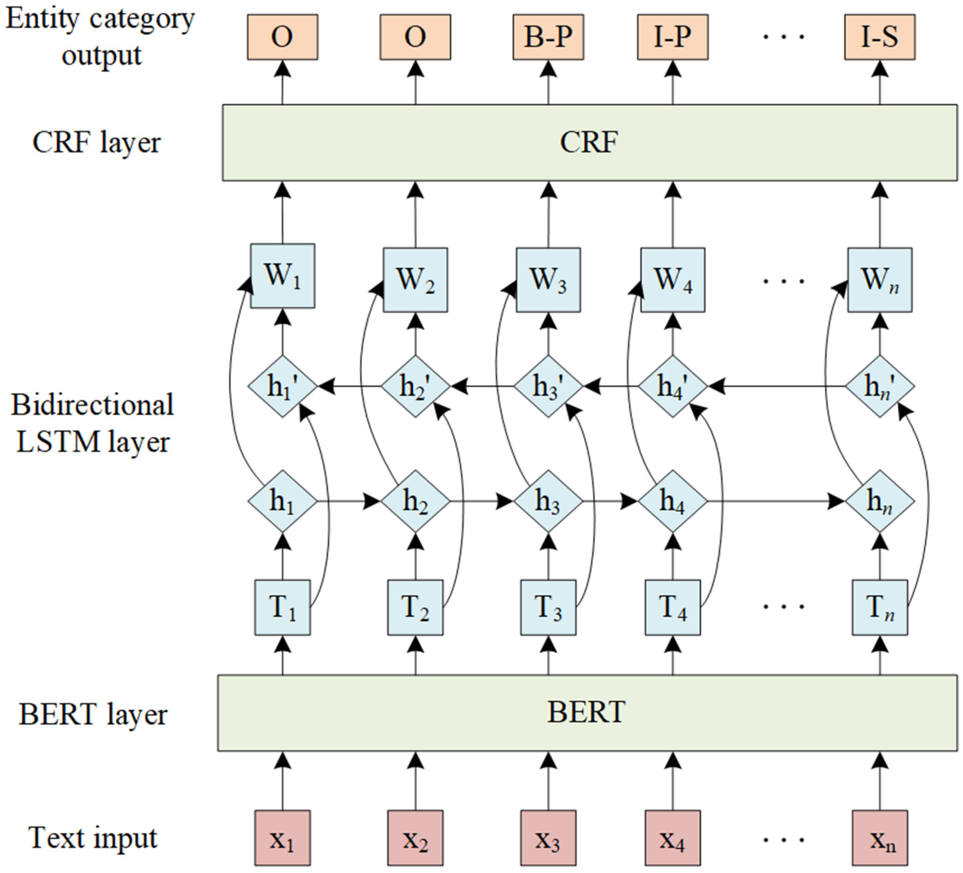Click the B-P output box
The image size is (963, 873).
(x=548, y=37)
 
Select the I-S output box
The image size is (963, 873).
(x=880, y=37)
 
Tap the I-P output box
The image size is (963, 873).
(x=673, y=37)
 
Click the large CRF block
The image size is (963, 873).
(x=590, y=142)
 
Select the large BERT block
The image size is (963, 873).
(x=587, y=713)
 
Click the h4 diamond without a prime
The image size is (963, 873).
(x=673, y=501)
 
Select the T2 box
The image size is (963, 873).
(x=415, y=607)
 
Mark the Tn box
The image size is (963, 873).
(x=880, y=607)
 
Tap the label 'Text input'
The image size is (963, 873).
(x=93, y=838)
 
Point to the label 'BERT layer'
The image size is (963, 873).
(x=93, y=715)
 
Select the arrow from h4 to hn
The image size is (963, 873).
(x=774, y=501)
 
